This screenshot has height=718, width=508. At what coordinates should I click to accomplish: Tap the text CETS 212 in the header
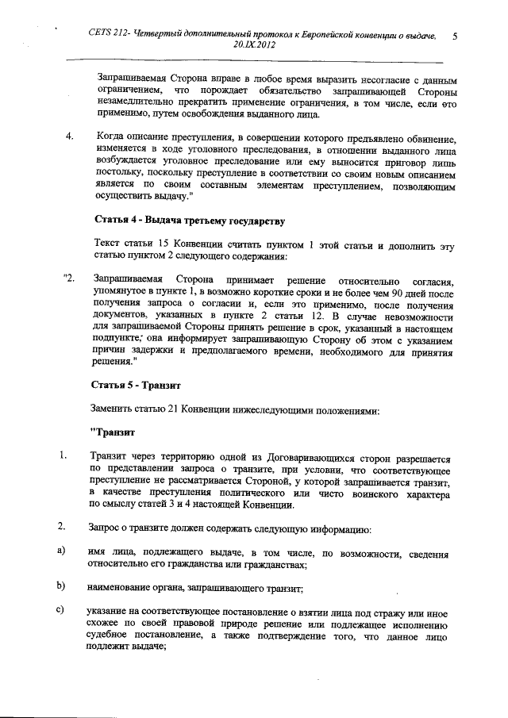110,36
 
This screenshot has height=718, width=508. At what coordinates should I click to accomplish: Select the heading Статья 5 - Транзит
138,386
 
